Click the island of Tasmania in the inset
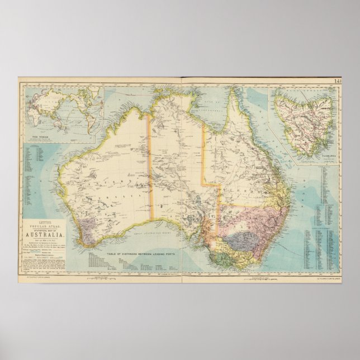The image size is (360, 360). [x=305, y=120]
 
